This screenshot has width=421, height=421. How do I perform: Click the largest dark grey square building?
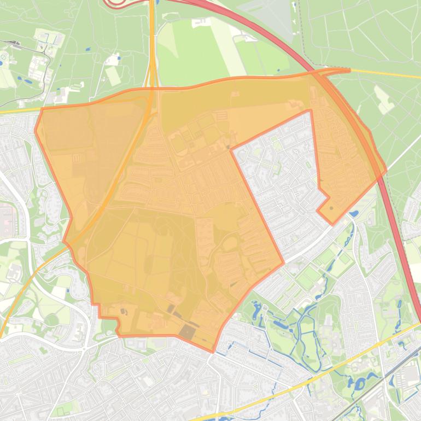click(188, 332)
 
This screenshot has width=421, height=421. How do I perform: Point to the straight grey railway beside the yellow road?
click(377, 383)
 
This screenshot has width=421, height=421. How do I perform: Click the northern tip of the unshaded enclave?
click(309, 111)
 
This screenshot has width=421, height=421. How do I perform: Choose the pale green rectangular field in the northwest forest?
click(113, 75)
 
